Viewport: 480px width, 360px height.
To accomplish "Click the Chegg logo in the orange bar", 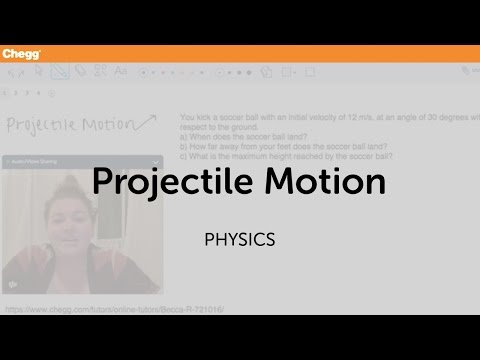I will point(20,53).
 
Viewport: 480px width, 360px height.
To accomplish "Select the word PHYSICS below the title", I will point(239,240).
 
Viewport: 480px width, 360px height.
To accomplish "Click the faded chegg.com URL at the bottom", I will point(114,309).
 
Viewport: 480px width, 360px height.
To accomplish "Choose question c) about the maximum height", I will point(285,156).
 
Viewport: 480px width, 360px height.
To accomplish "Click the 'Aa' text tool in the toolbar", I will point(121,71).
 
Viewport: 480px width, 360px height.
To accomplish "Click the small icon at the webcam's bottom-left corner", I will point(12,283).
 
